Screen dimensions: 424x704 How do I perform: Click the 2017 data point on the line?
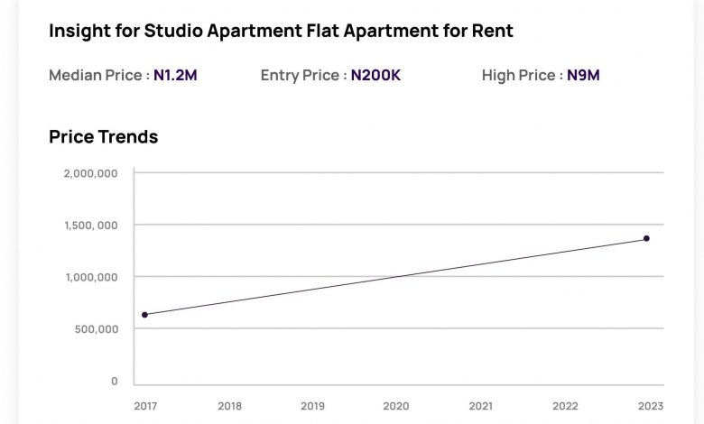(x=144, y=315)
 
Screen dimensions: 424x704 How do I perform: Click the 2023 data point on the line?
(x=646, y=238)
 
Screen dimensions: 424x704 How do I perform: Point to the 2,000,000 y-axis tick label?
(x=90, y=173)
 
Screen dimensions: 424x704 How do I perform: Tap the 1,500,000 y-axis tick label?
(x=90, y=226)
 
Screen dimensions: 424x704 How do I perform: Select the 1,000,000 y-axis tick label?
(x=90, y=277)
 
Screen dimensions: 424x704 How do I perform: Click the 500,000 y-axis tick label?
(x=96, y=329)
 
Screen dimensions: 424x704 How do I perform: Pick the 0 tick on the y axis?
(x=115, y=382)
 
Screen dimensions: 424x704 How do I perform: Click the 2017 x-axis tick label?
(x=145, y=406)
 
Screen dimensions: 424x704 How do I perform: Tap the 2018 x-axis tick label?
(x=229, y=406)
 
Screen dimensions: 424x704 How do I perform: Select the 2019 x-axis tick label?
(x=312, y=406)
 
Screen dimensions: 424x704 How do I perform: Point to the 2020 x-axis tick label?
(x=396, y=406)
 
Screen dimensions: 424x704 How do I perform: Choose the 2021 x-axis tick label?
(x=480, y=406)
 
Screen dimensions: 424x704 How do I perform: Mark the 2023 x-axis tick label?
(x=647, y=406)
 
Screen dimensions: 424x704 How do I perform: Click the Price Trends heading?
(x=103, y=137)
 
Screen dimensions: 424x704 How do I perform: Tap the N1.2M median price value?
(x=175, y=76)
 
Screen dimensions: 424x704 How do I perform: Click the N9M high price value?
(x=583, y=76)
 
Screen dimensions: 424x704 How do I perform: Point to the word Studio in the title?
(x=172, y=31)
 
